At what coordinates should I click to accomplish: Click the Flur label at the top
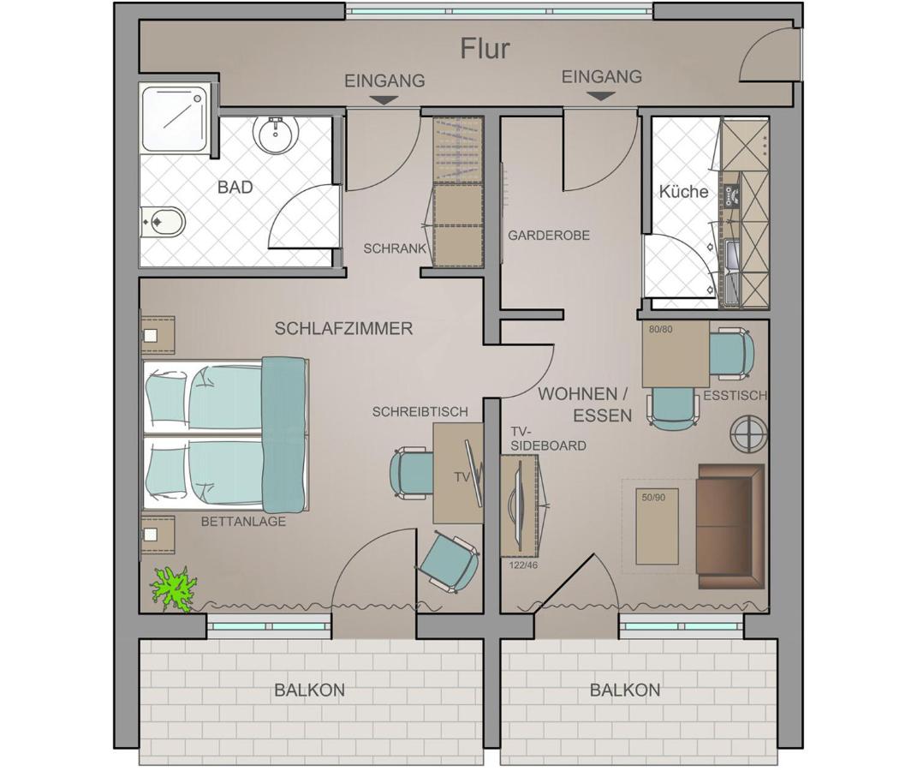coord(485,49)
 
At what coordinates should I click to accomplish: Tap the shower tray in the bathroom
coord(175,119)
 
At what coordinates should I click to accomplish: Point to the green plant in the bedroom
coord(173,589)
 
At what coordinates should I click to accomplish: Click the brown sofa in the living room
coord(731,527)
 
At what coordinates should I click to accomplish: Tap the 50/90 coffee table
coord(658,527)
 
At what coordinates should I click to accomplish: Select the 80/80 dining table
coord(676,354)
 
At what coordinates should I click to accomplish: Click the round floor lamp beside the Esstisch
coord(748,433)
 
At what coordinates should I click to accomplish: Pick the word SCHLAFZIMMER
coord(344,329)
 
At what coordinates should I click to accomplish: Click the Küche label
coord(683,191)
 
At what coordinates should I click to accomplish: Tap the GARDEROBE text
coord(549,236)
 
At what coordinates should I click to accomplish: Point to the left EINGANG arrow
coord(384,100)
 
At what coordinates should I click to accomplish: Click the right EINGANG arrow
coord(601,97)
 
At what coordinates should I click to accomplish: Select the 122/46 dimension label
coord(523,565)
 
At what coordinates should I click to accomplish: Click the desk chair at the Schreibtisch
coord(413,473)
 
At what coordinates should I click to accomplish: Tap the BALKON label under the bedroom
coord(309,690)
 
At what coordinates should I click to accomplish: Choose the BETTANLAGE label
coord(243,521)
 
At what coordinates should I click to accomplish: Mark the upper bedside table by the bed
coord(158,335)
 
